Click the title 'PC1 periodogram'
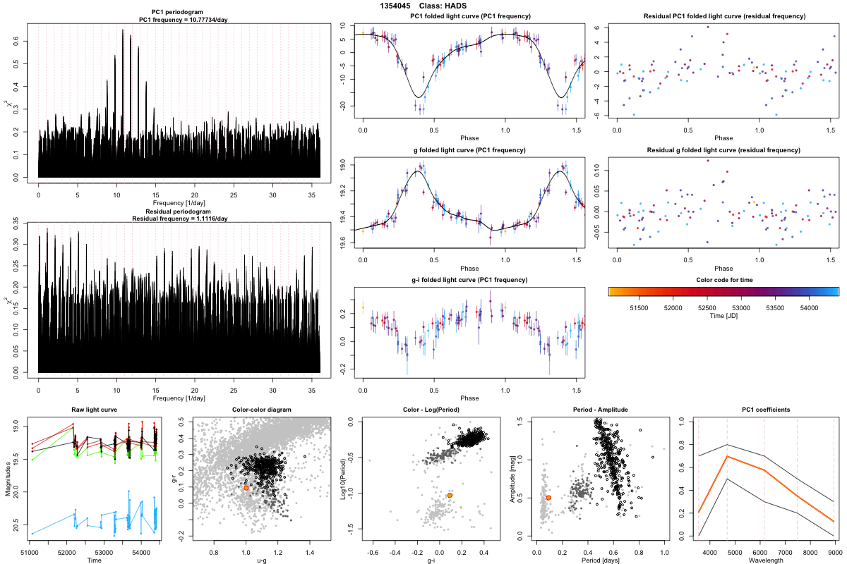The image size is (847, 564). tap(179, 13)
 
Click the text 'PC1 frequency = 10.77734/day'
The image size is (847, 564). tap(179, 20)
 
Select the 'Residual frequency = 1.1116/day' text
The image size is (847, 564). tap(179, 219)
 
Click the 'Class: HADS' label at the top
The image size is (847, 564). tap(452, 6)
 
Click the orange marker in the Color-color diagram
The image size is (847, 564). tap(246, 488)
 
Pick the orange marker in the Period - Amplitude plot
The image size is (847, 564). tap(548, 498)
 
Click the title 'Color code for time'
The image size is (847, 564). tap(723, 280)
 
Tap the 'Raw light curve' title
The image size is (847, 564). tap(95, 410)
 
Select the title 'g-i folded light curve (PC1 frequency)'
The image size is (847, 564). tap(469, 280)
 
